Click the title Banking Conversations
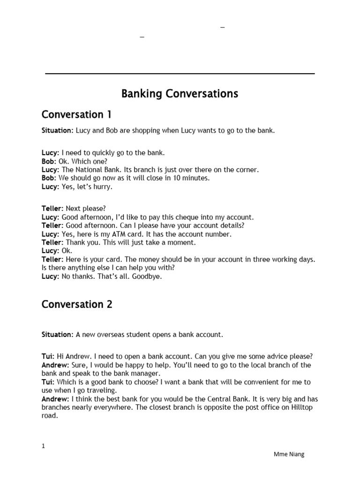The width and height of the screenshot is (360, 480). point(180,94)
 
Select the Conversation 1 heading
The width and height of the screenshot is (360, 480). point(76,115)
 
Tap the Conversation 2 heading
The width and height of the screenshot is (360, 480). point(77,304)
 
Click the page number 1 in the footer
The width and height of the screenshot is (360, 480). point(44,446)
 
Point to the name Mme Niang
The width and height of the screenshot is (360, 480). point(289,454)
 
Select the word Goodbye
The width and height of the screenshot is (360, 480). point(148,276)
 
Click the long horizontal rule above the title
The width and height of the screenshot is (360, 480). point(180,74)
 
